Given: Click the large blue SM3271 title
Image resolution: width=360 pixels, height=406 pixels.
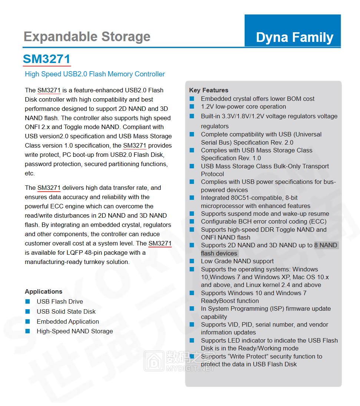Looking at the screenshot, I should [46, 59].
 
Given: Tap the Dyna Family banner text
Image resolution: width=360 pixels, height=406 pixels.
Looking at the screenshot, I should [294, 37].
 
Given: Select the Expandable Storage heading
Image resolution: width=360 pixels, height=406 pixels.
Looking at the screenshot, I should [87, 37].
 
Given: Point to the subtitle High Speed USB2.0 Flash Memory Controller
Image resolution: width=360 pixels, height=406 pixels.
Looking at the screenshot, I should [95, 74].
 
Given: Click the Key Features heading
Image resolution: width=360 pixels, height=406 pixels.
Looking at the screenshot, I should [208, 90].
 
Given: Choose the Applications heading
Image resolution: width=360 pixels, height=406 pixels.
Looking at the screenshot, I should [43, 291].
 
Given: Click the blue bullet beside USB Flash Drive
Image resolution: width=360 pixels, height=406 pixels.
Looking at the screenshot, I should [27, 301].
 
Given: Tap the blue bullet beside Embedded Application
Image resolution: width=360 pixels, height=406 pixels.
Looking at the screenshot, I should [27, 321].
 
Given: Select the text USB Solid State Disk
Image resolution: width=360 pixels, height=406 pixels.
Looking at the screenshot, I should [66, 311].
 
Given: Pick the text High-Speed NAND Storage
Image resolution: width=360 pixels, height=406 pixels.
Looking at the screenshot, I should [75, 331].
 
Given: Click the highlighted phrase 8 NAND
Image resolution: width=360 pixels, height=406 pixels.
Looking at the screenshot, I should [326, 245].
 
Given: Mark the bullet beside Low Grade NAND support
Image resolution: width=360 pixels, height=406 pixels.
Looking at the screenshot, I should [192, 261].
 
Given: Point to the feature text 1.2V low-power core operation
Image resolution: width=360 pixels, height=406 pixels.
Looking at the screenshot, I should [243, 106].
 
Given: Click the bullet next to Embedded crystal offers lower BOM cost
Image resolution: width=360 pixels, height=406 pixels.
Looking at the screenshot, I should [192, 99].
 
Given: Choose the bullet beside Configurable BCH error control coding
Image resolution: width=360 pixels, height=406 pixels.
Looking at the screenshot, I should [192, 221].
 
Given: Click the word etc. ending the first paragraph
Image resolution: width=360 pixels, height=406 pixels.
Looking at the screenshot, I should [30, 173].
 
